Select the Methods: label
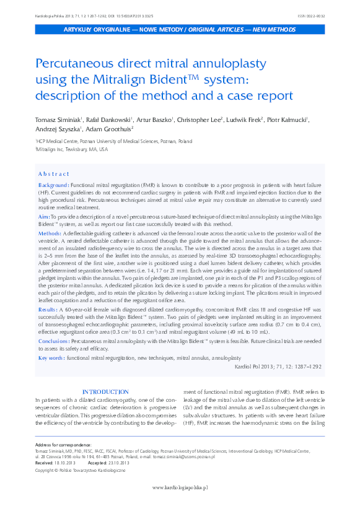(x=50, y=232)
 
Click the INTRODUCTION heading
(x=106, y=392)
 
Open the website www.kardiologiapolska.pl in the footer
(x=180, y=487)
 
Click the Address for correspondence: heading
(x=63, y=446)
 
